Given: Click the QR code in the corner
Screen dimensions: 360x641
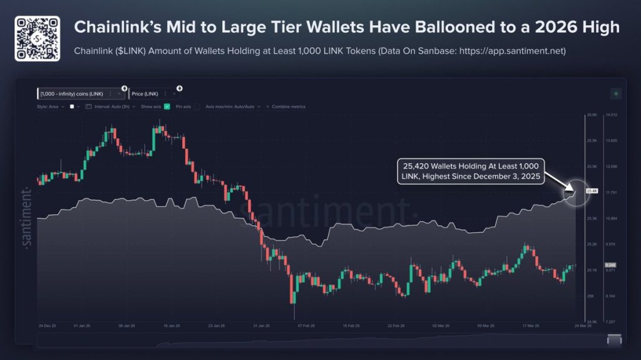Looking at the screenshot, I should pyautogui.click(x=37, y=38).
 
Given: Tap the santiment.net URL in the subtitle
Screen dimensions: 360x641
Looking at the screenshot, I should pyautogui.click(x=513, y=51).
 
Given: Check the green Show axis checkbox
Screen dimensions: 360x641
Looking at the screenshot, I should pyautogui.click(x=167, y=106).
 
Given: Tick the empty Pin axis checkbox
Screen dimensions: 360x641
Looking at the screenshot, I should pyautogui.click(x=197, y=106).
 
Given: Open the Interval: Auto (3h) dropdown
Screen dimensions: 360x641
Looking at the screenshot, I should pyautogui.click(x=114, y=106).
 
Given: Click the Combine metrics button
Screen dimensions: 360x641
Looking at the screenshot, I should pyautogui.click(x=287, y=106).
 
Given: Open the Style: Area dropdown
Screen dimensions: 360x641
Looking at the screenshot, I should pyautogui.click(x=50, y=106).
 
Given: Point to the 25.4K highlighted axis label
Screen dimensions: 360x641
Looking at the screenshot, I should pyautogui.click(x=592, y=190).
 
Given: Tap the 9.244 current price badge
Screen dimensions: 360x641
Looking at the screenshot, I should pyautogui.click(x=611, y=265).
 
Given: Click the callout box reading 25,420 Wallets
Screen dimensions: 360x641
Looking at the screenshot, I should pyautogui.click(x=471, y=172).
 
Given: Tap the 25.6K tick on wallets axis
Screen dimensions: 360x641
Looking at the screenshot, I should pyautogui.click(x=592, y=115).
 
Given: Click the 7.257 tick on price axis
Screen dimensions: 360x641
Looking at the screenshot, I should pyautogui.click(x=610, y=321).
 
